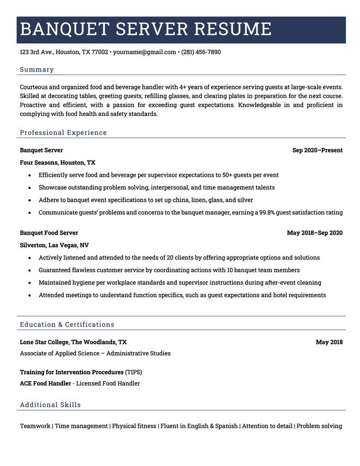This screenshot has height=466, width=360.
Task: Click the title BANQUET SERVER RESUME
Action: [146, 29]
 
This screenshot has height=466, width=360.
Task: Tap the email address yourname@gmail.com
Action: [145, 52]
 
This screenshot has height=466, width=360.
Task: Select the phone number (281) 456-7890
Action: [201, 52]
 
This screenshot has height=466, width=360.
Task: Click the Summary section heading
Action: [37, 69]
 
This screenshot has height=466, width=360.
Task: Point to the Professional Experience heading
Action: [63, 132]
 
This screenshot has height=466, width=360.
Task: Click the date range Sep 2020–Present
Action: [317, 150]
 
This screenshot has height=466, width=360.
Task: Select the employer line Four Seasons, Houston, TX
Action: [58, 163]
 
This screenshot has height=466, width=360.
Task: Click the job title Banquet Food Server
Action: [49, 233]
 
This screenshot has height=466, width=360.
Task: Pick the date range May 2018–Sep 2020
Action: [314, 233]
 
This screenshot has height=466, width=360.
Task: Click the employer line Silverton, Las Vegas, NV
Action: [54, 245]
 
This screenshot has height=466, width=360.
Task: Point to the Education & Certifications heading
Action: [67, 324]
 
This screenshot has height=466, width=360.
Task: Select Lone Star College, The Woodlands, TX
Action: [73, 342]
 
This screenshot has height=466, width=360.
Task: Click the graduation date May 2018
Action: [329, 342]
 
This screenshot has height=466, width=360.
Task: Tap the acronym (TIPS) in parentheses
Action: [134, 372]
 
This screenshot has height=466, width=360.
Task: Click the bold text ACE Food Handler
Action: [46, 383]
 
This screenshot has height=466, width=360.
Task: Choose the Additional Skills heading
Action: [50, 405]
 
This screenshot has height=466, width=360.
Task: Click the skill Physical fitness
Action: [134, 426]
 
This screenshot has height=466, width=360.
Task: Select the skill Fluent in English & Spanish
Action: [199, 426]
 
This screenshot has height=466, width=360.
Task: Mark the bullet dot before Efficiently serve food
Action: [30, 175]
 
